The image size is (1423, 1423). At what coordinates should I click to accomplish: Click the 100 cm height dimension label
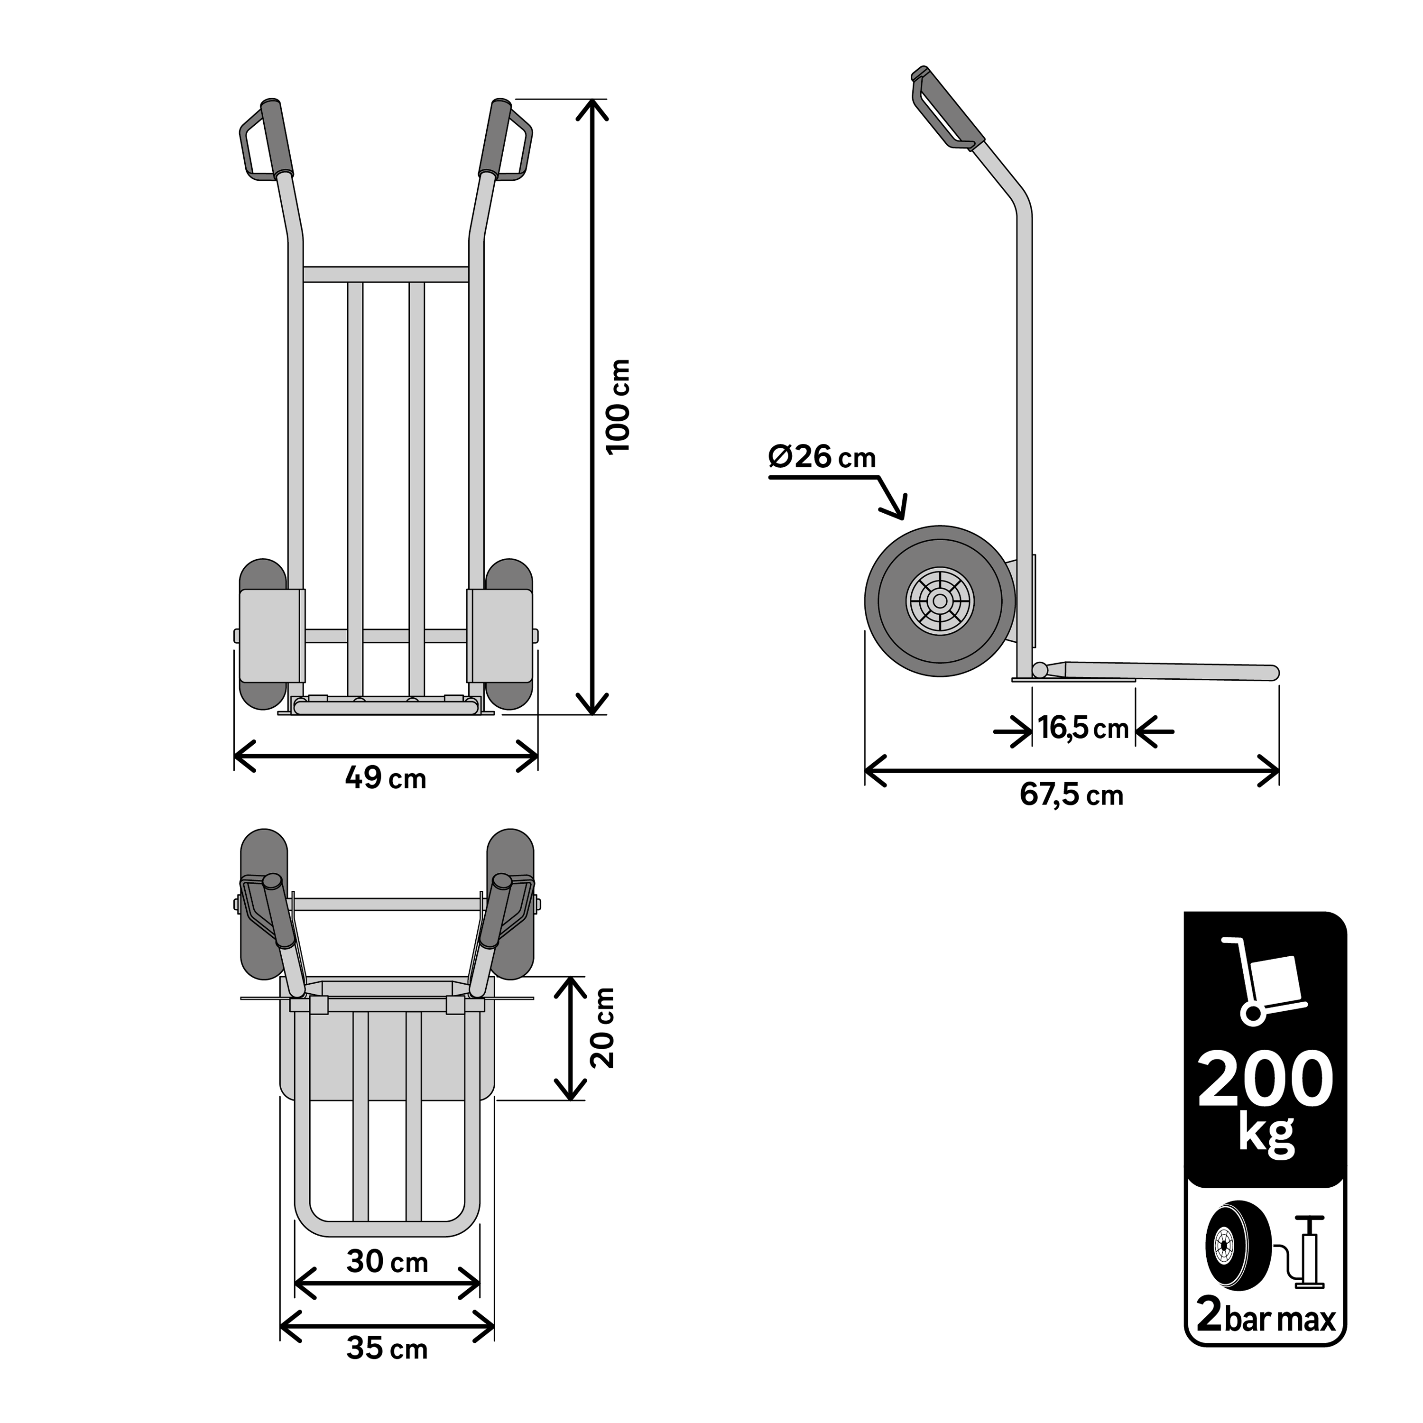click(x=618, y=407)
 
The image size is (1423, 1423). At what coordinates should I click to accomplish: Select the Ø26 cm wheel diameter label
click(x=822, y=457)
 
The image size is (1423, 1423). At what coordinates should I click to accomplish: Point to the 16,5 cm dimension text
click(x=1083, y=729)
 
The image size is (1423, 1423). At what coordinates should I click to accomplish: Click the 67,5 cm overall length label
click(x=1072, y=795)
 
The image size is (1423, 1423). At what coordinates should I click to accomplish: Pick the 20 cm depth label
click(x=602, y=1027)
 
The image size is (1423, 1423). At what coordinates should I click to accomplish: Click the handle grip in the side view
click(x=950, y=108)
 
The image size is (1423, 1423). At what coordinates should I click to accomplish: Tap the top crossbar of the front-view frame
click(x=386, y=274)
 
